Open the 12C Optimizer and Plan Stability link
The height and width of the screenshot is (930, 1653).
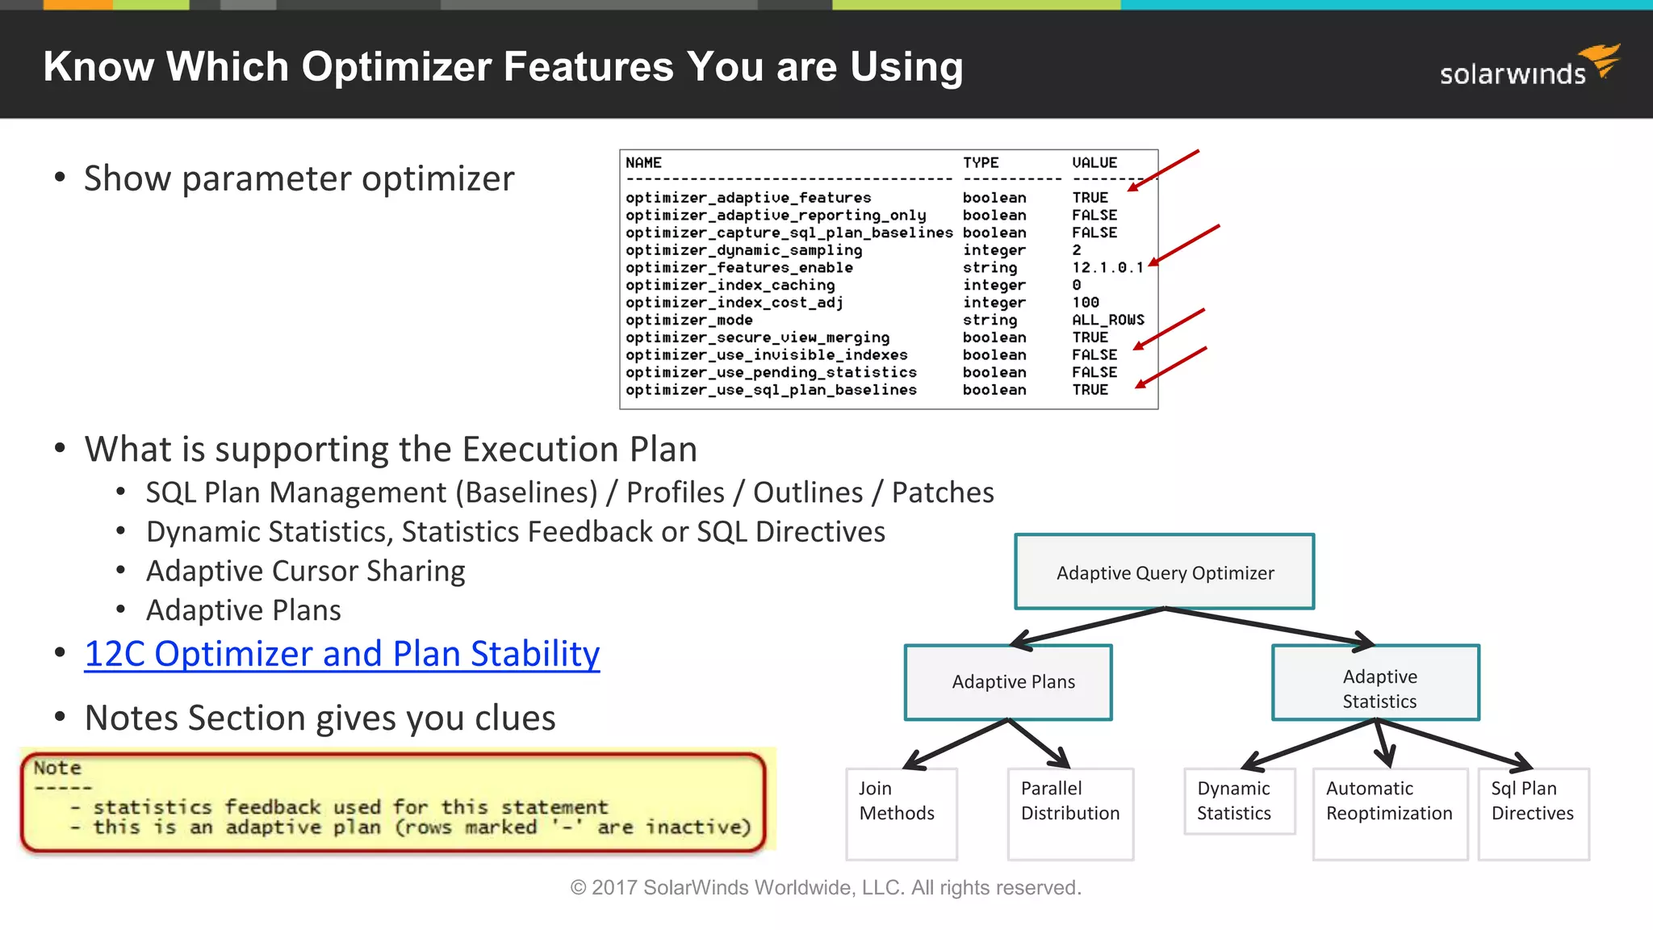tap(341, 654)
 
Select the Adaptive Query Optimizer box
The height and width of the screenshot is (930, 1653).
tap(1164, 572)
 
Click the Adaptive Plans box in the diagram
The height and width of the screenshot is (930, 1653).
tap(1008, 682)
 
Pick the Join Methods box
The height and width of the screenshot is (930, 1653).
tap(901, 812)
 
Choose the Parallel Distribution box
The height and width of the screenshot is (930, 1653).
tap(1069, 812)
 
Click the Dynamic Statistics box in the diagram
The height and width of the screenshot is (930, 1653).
tap(1238, 801)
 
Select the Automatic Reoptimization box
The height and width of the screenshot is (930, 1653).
tap(1389, 812)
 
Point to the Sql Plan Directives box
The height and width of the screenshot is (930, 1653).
tap(1533, 812)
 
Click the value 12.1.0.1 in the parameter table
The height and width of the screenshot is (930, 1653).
tap(1107, 268)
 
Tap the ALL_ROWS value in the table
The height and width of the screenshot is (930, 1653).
tap(1107, 320)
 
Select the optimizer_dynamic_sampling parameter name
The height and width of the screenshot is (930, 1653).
tap(743, 250)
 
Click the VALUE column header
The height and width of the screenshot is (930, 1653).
tap(1094, 163)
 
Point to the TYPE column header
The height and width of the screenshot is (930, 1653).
tap(980, 163)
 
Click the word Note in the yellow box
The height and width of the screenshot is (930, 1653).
tap(57, 768)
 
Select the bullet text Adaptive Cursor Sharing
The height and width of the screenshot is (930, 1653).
tap(305, 572)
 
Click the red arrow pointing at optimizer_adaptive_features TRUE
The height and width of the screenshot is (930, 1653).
tap(1163, 170)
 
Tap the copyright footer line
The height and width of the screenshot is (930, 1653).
tap(825, 888)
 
